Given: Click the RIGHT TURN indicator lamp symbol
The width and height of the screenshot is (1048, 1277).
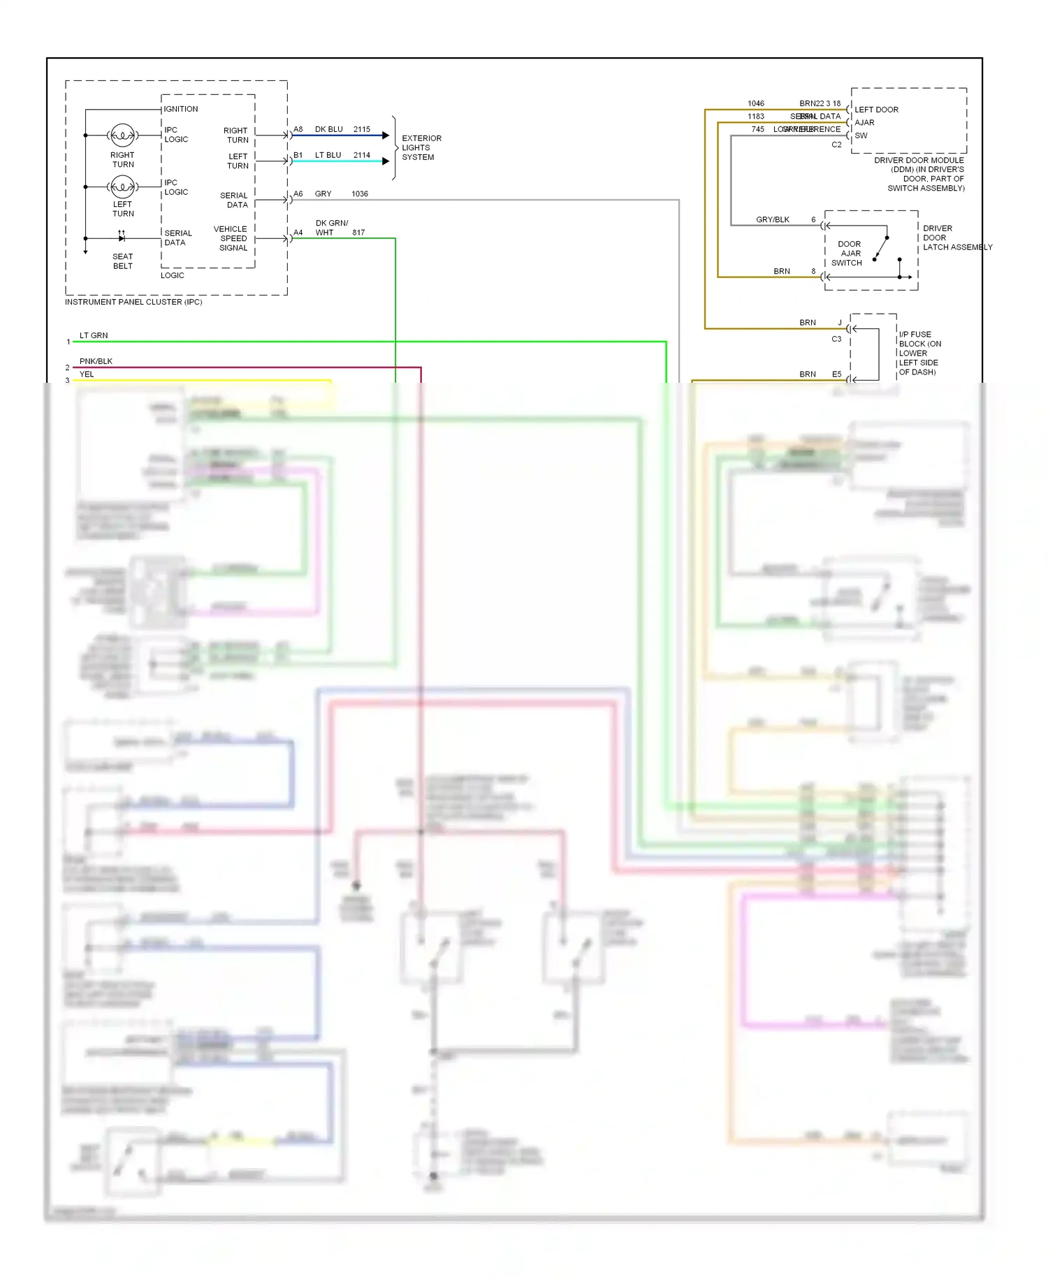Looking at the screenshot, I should [123, 135].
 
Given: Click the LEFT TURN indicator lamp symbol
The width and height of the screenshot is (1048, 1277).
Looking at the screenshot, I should [123, 187].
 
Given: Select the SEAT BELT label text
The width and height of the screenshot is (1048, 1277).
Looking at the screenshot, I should [122, 261].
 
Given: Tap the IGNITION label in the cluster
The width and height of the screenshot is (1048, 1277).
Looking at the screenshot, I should [181, 109].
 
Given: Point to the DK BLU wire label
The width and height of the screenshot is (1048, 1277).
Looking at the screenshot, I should [328, 129].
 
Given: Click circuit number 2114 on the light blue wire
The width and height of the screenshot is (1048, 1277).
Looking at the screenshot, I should [361, 155].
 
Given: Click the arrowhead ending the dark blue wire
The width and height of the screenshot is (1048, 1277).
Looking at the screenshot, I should [385, 136].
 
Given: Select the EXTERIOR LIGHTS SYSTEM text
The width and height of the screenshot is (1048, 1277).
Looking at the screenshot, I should [421, 147].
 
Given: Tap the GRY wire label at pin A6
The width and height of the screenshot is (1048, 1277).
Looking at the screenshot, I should [323, 194].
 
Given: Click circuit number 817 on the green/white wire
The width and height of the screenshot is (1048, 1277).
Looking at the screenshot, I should [358, 233].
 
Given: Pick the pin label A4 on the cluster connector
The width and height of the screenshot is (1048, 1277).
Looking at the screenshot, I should [298, 233].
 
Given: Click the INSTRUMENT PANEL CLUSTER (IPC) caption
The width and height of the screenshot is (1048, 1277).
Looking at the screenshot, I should [133, 302].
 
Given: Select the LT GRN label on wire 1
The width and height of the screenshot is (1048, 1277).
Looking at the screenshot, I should [94, 335].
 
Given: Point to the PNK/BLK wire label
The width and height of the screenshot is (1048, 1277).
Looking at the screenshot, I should [96, 361].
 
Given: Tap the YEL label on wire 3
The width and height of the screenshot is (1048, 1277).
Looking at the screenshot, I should [87, 374].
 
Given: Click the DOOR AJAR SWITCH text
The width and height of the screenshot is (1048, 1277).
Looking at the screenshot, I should [848, 254].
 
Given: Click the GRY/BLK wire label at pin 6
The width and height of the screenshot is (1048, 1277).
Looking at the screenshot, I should [772, 219].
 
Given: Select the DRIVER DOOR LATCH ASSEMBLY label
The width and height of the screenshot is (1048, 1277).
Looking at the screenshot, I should [956, 238].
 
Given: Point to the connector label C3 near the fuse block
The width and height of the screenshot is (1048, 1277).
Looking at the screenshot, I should [836, 339].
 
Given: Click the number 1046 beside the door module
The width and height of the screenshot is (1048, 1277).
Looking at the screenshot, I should [755, 103].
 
